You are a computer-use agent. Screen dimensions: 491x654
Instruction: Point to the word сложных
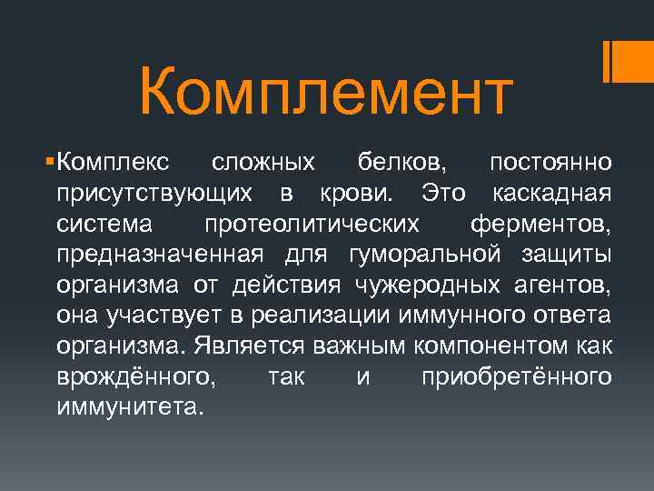point(263,163)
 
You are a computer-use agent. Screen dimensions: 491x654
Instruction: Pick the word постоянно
point(550,163)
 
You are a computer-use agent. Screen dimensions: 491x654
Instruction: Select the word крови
point(358,193)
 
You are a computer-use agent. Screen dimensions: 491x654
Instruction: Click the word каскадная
point(551,193)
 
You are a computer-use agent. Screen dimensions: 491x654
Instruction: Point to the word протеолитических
point(312,224)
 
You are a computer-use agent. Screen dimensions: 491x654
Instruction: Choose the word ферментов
point(541,224)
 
